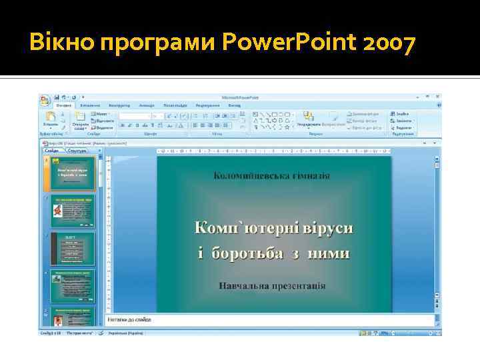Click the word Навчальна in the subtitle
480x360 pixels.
point(243,285)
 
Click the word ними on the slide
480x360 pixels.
point(333,253)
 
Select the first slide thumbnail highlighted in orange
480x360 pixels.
point(73,175)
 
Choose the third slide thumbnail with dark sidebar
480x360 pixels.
point(73,248)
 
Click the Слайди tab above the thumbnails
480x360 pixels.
point(53,151)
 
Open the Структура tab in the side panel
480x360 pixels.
point(77,151)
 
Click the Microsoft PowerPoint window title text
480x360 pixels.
point(239,97)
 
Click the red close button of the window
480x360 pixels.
point(438,97)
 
